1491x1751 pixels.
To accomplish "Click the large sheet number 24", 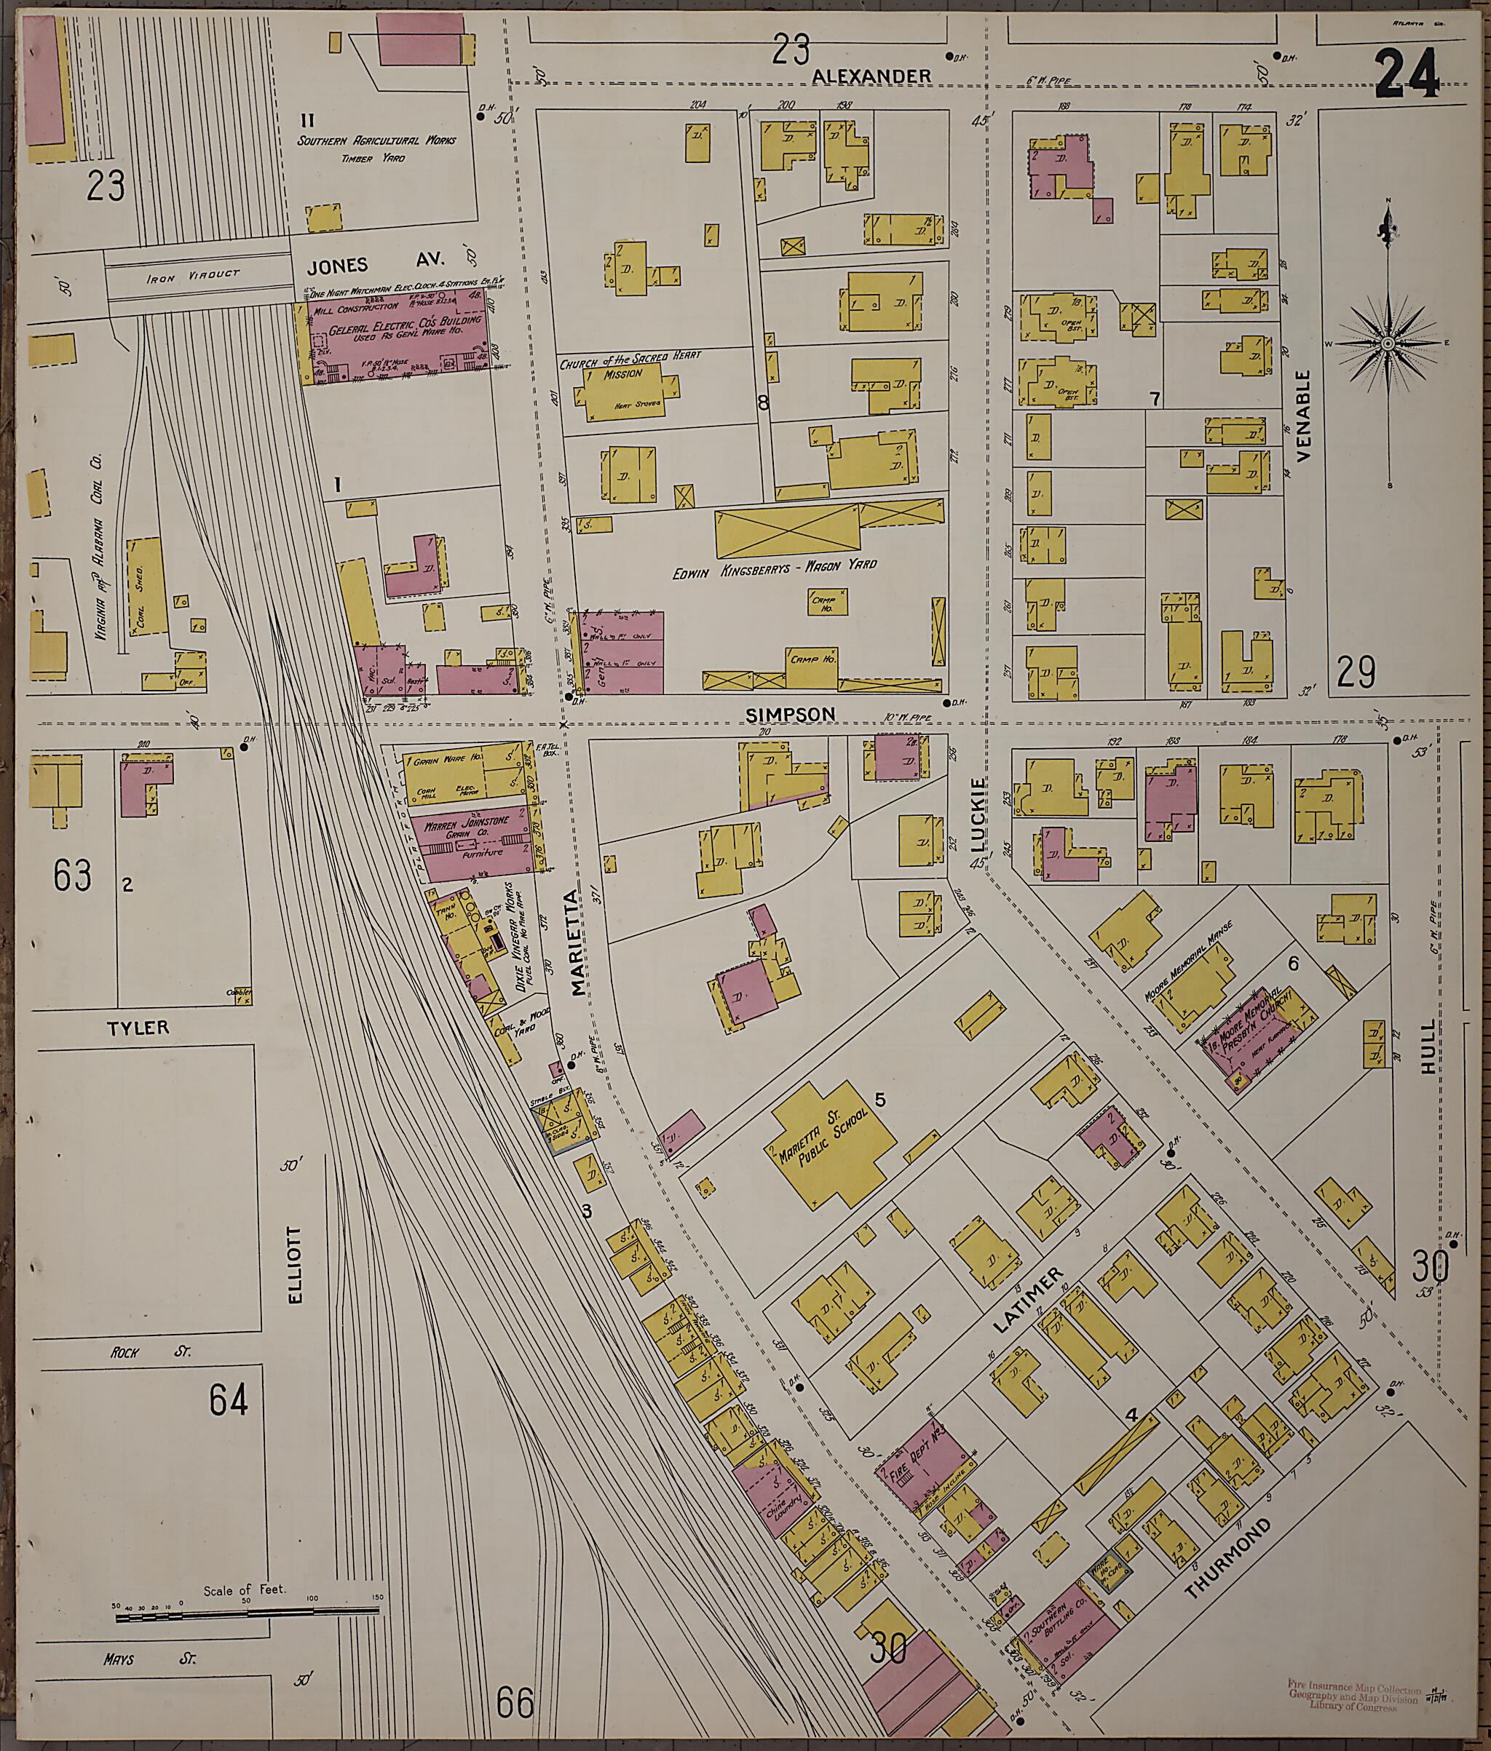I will coord(1407,74).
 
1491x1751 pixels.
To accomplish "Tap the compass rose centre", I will coord(1387,344).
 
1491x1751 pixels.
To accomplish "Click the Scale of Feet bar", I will coord(249,1616).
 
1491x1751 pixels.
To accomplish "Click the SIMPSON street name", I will coord(791,714).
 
